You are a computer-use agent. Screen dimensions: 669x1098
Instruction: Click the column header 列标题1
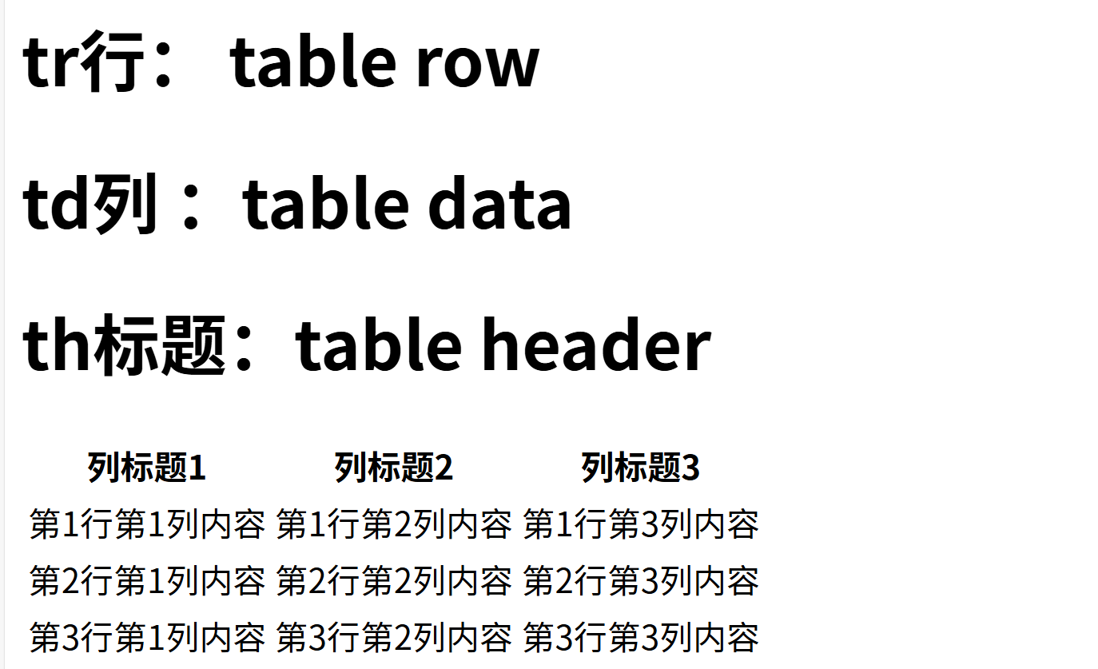[x=147, y=468]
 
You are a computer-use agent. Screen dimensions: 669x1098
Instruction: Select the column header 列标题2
[x=394, y=468]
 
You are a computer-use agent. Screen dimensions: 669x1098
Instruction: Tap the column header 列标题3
[x=641, y=468]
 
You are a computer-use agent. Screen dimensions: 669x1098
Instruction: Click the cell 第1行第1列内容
[x=147, y=525]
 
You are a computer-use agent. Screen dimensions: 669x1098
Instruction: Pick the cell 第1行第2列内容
[x=394, y=525]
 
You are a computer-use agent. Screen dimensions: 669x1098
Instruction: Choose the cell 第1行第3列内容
[x=641, y=525]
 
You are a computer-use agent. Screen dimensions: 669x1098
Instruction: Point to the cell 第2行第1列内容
[x=147, y=581]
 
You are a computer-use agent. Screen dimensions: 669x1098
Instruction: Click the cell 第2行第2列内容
[x=394, y=581]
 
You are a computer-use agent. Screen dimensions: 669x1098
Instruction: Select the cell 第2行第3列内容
[x=641, y=581]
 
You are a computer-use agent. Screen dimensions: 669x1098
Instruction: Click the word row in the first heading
[x=477, y=64]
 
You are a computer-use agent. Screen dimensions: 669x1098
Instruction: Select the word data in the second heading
[x=500, y=204]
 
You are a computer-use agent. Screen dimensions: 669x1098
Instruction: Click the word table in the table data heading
[x=327, y=204]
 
